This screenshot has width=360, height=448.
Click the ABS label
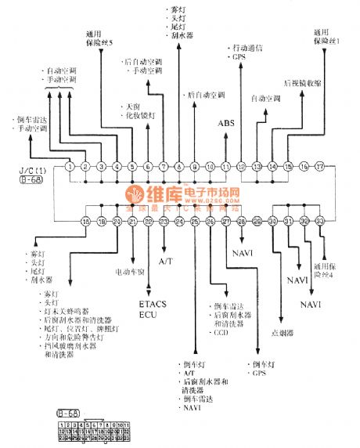tap(225, 123)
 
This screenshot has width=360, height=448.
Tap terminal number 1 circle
tap(70, 167)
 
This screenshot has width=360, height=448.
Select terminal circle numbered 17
tap(320, 167)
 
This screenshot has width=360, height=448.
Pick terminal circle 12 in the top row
tap(241, 167)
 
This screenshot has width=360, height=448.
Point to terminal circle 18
tap(85, 222)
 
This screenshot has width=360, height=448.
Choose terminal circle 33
tap(320, 222)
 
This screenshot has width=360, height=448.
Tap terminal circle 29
tap(257, 222)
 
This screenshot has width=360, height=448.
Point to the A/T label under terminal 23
tap(167, 259)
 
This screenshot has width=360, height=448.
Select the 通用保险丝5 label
tap(100, 38)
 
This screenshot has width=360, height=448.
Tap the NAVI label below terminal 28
tap(242, 253)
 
